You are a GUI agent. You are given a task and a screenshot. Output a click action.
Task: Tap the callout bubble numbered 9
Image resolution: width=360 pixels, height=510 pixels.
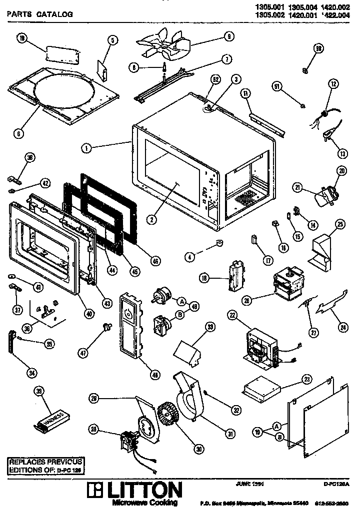[x=228, y=36]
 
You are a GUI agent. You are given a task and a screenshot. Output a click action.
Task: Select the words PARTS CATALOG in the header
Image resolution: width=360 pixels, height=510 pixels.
[x=39, y=14]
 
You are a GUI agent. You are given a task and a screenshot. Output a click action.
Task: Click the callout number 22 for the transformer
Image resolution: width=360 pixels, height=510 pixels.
[x=232, y=315]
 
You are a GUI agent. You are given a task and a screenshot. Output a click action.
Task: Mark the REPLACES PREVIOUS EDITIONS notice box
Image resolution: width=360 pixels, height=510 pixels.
[x=45, y=466]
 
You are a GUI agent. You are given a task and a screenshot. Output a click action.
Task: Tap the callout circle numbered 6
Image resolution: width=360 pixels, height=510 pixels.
[x=18, y=133]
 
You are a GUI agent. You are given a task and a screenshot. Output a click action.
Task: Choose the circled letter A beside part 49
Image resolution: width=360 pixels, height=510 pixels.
[x=181, y=301]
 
